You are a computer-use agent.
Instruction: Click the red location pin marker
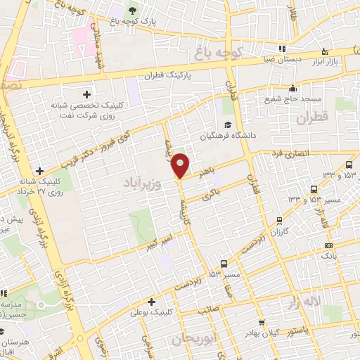tap(181, 165)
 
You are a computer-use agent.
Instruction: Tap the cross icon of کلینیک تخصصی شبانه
tap(87, 94)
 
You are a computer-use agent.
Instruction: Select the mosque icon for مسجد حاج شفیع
tap(292, 89)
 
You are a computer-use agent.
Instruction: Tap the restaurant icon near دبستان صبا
tap(281, 49)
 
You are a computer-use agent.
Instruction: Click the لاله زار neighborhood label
tap(326, 304)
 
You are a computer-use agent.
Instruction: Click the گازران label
tap(280, 231)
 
